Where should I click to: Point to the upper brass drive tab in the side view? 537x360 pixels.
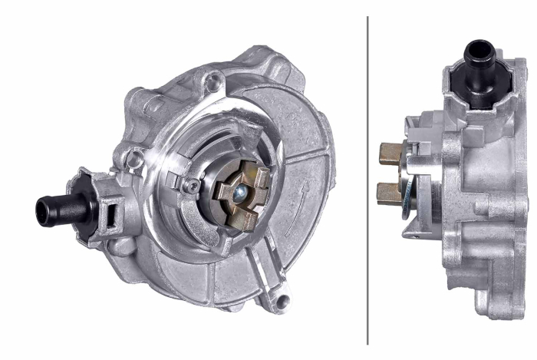tap(392, 154)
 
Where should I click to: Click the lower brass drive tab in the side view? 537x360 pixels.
tap(391, 193)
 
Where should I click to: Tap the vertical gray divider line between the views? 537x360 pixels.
tap(367, 180)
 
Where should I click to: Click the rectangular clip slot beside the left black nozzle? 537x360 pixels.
tap(110, 206)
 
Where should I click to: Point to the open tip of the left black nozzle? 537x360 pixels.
tap(41, 210)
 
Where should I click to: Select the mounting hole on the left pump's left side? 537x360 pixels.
tap(135, 160)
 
